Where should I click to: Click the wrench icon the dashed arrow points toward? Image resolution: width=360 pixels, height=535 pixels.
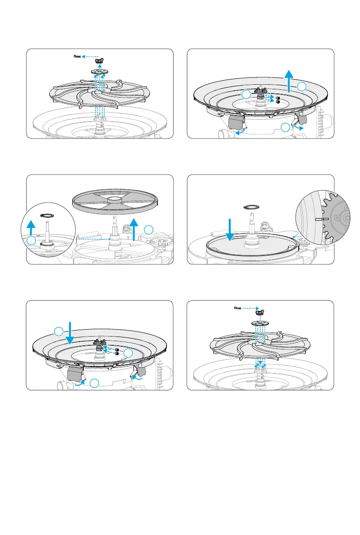tap(77, 57)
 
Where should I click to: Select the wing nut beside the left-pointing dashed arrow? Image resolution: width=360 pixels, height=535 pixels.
tap(98, 61)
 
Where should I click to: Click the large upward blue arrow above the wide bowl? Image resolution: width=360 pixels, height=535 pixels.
tap(289, 80)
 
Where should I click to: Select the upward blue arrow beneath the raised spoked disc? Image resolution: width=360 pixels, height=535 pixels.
tap(134, 230)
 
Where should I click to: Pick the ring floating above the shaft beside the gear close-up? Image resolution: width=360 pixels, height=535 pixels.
tap(251, 208)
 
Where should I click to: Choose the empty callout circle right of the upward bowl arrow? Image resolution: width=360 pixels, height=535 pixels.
tap(301, 87)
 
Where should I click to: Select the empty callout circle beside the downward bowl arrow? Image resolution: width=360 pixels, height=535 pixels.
tap(58, 331)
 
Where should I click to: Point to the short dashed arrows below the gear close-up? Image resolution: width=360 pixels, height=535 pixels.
tap(296, 236)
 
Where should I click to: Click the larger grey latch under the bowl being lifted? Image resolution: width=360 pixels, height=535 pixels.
tap(238, 122)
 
